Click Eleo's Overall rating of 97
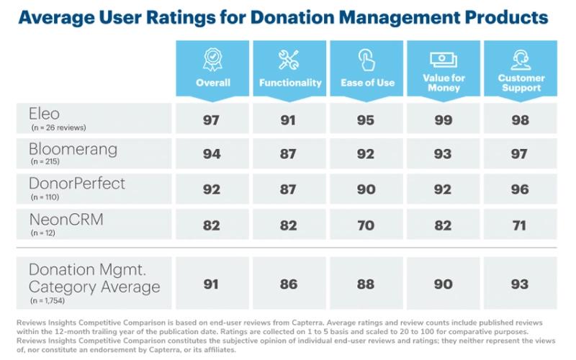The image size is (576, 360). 211,120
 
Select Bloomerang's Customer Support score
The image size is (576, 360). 519,154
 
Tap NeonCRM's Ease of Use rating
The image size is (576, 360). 366,225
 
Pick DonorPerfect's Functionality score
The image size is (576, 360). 288,189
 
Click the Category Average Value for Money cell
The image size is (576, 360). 443,284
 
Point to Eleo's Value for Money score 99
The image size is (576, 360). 443,120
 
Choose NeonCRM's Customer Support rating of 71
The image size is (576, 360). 519,225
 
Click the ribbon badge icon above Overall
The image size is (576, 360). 212,60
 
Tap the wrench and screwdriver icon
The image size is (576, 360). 289,60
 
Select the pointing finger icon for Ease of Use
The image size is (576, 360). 366,60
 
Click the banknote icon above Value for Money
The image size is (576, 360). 444,60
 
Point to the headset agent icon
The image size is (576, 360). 521,60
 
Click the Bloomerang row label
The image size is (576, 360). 73,150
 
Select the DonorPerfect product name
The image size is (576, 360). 77,184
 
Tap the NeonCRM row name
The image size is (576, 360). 66,220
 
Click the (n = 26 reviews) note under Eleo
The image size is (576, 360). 58,128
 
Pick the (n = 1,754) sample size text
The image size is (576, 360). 48,301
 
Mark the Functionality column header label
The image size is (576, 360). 290,83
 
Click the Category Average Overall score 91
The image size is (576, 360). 211,284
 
